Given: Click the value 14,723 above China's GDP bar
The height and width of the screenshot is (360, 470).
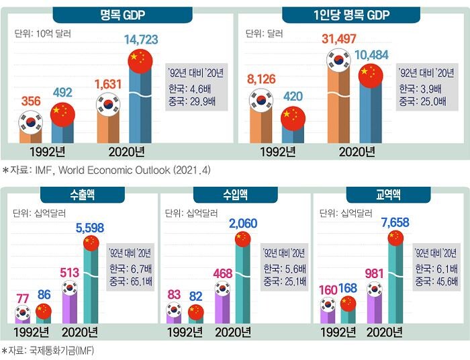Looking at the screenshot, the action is (141, 40).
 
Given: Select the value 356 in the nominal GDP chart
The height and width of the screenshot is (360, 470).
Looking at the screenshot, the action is (31, 101).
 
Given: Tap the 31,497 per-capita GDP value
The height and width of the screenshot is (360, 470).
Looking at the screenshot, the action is (339, 39).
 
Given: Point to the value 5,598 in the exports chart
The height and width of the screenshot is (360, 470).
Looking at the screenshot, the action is (89, 228).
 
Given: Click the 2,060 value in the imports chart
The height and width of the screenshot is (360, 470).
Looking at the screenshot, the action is (243, 223).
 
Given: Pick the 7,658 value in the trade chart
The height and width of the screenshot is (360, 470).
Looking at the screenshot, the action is (395, 222).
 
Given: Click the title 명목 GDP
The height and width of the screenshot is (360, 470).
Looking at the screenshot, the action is (123, 15).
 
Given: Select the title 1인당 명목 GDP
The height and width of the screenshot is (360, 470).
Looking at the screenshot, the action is (351, 15).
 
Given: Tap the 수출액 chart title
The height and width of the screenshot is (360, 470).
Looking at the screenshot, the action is (83, 195).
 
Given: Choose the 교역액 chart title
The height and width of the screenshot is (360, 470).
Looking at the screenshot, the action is (388, 195).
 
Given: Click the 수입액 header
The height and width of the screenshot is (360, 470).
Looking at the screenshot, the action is (235, 195).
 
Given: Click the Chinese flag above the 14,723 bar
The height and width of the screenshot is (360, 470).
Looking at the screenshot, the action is (140, 61).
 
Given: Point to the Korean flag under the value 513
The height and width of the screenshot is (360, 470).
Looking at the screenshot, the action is (70, 287).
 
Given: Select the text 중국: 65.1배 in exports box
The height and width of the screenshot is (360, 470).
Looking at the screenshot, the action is (131, 282).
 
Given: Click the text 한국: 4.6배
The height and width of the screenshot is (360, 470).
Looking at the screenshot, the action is (189, 89).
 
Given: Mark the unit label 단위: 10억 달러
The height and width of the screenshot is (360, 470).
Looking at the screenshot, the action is (42, 34).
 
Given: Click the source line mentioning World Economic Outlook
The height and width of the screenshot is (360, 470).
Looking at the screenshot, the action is (106, 170).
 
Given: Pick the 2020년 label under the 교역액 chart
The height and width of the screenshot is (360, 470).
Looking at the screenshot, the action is (385, 332).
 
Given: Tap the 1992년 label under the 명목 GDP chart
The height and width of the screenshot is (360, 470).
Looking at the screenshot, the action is (48, 152).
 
